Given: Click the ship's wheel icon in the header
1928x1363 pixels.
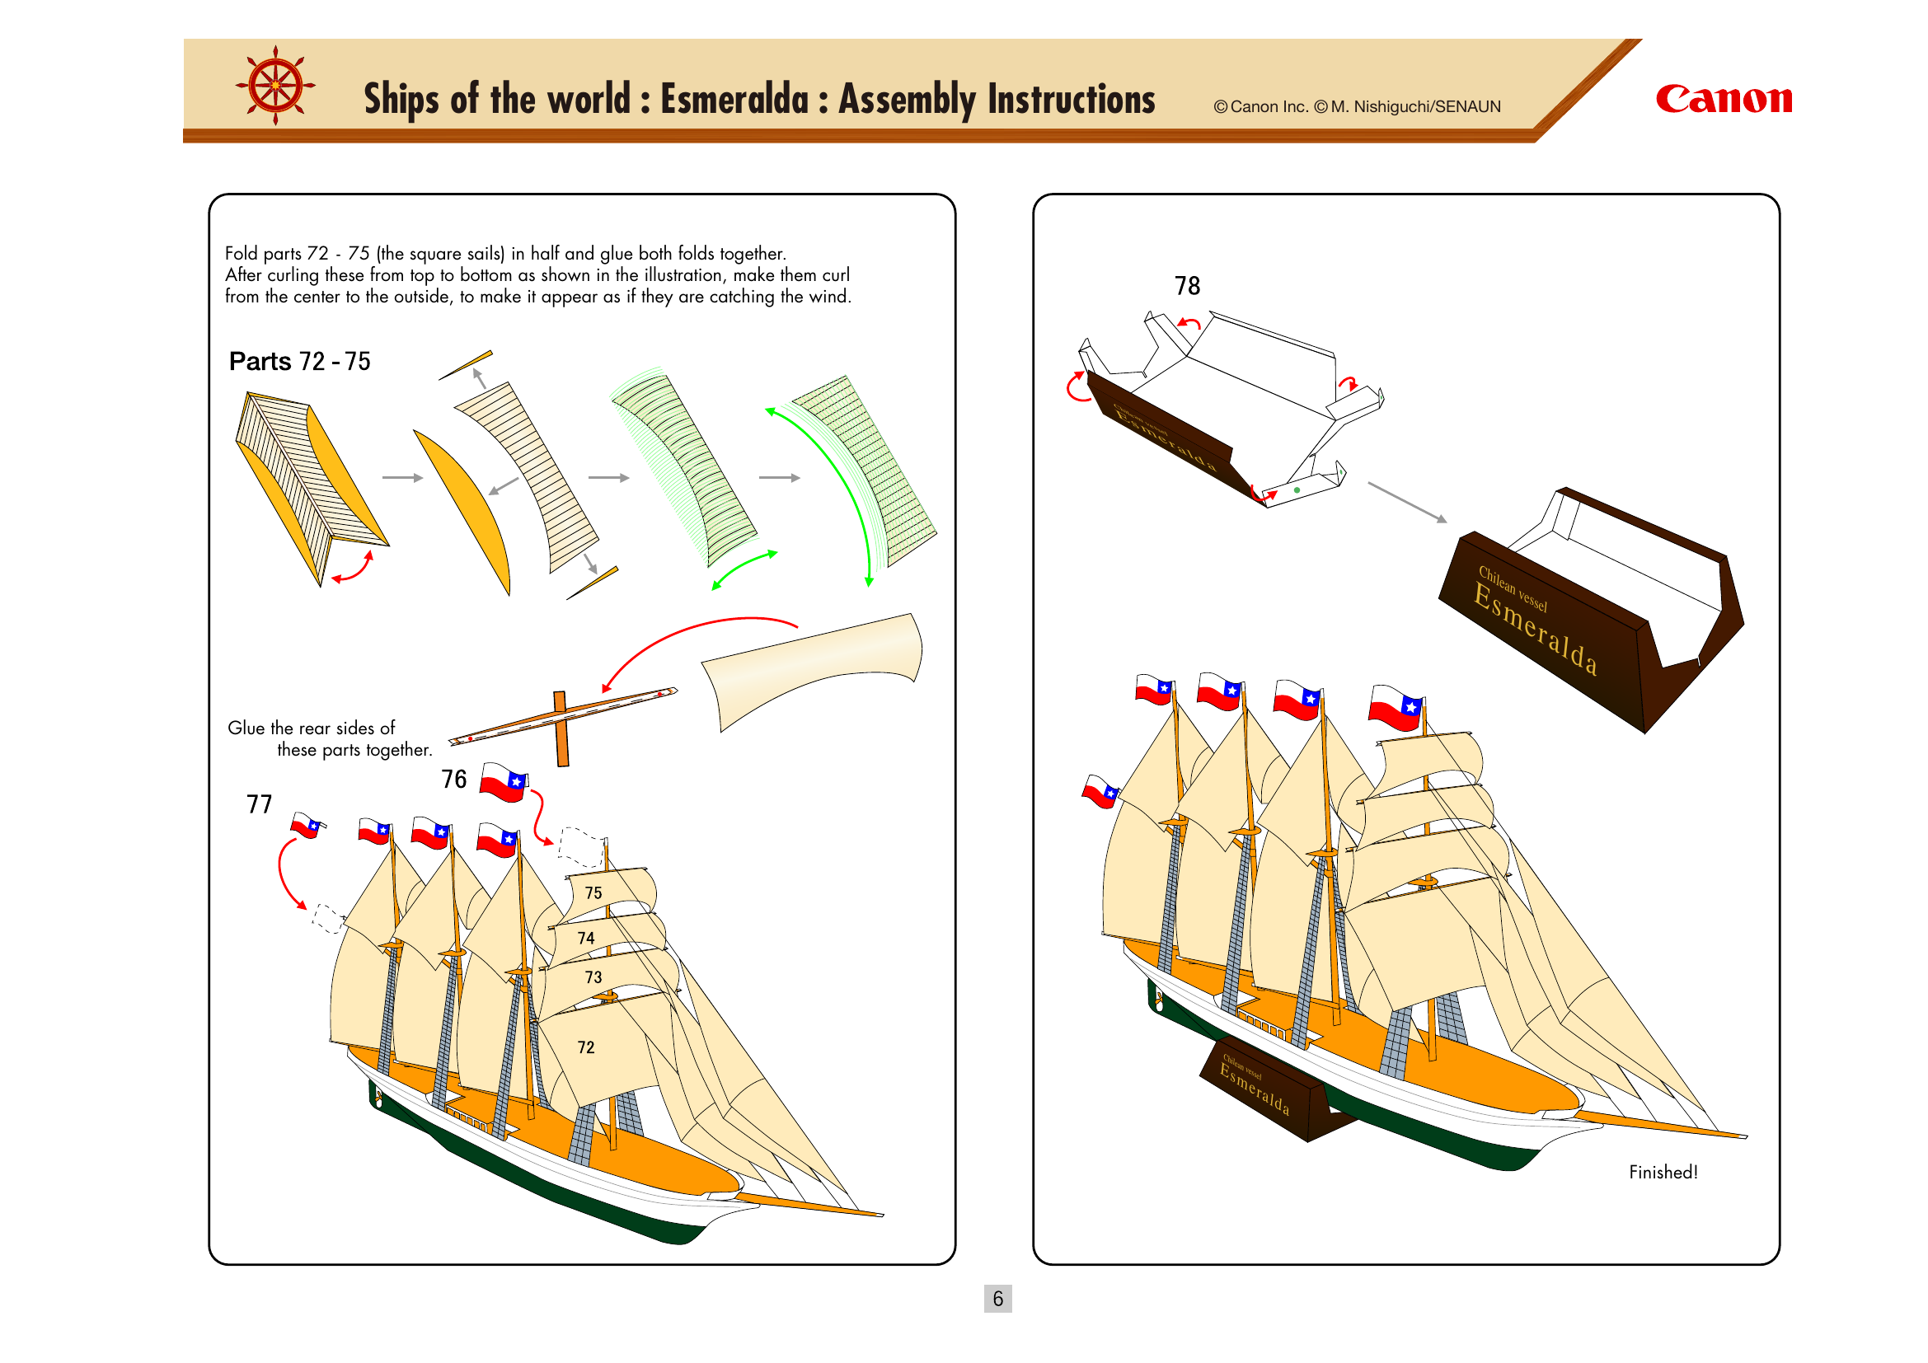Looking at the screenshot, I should tap(275, 86).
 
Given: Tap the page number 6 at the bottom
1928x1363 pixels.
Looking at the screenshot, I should tap(997, 1299).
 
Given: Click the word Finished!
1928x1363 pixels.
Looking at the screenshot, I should tap(1663, 1172).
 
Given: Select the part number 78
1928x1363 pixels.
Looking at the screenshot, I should tap(1186, 286).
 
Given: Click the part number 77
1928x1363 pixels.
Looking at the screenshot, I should tap(260, 804).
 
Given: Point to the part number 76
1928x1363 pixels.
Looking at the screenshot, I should tap(454, 779).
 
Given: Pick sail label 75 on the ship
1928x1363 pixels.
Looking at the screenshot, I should tap(593, 893).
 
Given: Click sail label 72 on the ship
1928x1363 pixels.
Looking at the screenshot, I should tap(586, 1047).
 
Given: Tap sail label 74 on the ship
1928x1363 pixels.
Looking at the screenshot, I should tap(586, 939).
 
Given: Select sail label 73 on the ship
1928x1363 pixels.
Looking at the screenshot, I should tap(593, 978).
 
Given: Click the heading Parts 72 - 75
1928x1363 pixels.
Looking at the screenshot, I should tap(300, 362).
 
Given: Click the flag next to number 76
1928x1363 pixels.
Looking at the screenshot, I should tap(504, 782).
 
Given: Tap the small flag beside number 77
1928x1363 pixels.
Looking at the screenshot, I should tap(307, 825).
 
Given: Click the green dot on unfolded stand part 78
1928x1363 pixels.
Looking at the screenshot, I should tap(1297, 490).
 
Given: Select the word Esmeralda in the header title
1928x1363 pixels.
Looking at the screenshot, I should tap(734, 99).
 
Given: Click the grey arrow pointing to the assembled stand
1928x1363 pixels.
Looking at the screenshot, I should tap(1406, 502).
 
